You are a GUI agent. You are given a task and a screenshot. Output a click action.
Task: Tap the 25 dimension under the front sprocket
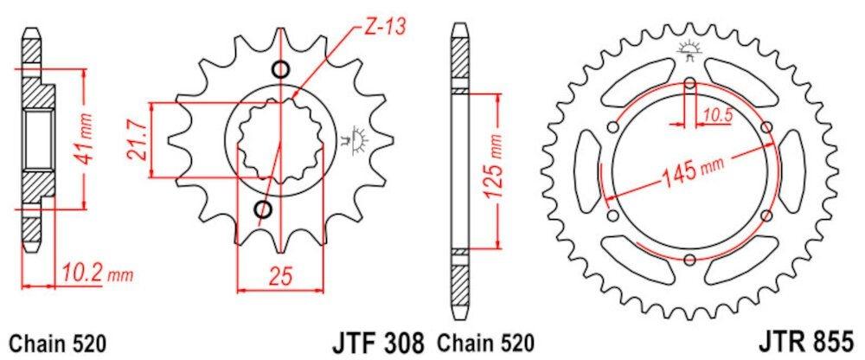coord(279,277)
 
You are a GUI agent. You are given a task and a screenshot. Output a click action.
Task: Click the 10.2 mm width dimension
coord(97,274)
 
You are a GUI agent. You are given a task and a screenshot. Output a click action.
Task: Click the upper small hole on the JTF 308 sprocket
coord(279,70)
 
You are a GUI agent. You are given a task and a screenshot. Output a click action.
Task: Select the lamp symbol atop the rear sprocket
coord(689,49)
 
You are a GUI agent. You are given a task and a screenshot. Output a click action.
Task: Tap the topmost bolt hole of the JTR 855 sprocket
coord(689,84)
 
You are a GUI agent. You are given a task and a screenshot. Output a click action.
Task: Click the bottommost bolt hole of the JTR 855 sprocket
coord(689,260)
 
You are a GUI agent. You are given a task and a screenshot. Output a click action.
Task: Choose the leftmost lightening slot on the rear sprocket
coord(586,171)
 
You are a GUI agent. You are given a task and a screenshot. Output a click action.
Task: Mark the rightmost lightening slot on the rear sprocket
coord(792,171)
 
